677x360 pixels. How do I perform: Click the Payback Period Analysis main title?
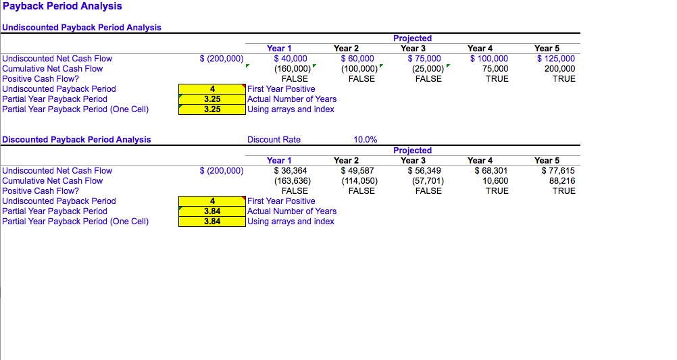[62, 6]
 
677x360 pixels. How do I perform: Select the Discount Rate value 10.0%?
[366, 139]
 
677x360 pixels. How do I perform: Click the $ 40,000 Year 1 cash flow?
[291, 58]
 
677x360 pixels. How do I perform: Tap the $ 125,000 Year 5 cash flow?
[555, 58]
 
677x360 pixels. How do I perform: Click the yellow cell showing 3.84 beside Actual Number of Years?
[212, 211]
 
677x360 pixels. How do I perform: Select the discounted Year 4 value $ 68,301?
[491, 170]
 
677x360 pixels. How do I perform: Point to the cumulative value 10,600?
[495, 181]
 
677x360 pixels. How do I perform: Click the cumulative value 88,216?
[561, 181]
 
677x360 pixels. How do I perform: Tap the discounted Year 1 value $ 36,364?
[291, 170]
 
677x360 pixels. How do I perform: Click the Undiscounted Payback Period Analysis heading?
[82, 27]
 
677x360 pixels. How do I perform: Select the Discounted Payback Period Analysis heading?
[76, 139]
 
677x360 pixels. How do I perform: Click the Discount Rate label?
[274, 139]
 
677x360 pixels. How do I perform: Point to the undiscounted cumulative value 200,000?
[559, 69]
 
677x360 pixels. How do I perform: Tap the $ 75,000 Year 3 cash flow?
[424, 58]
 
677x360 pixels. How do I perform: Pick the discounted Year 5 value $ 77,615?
[558, 170]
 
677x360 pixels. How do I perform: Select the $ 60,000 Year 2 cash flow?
[357, 58]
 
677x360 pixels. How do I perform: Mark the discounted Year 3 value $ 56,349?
[424, 170]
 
